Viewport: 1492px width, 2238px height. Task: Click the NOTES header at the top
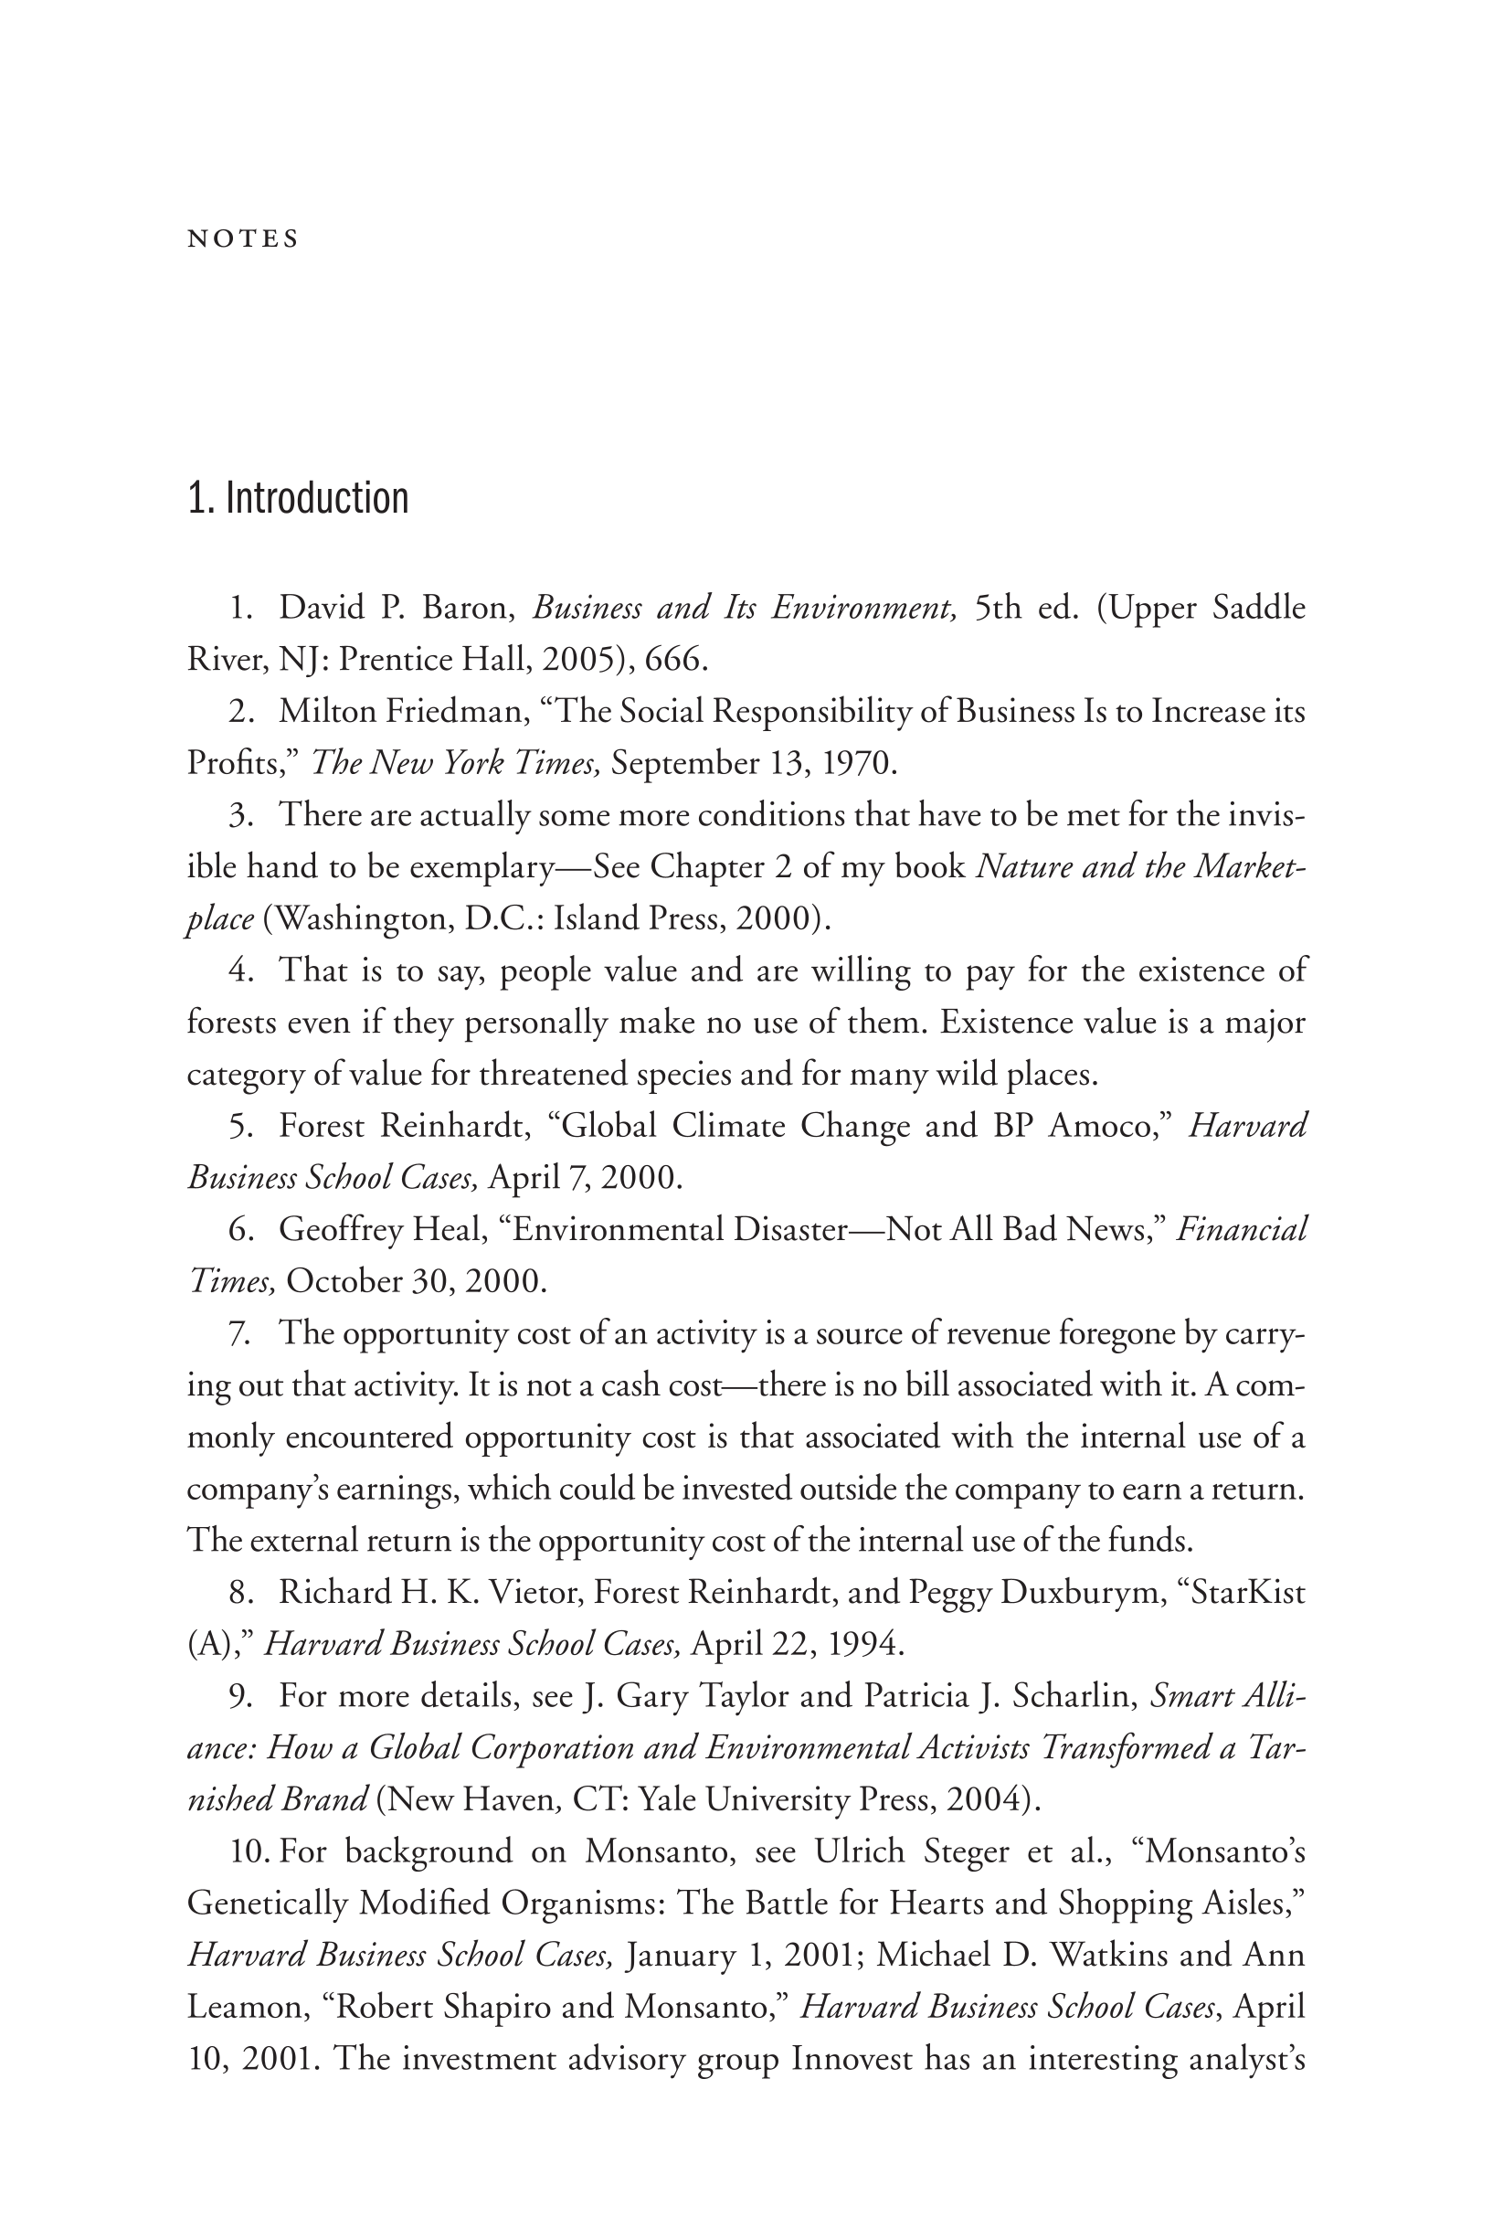[x=243, y=239]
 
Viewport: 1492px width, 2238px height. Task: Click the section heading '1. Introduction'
[x=298, y=499]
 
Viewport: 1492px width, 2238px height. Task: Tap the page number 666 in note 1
[x=673, y=660]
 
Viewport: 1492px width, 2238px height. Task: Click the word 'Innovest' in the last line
[x=852, y=2059]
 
